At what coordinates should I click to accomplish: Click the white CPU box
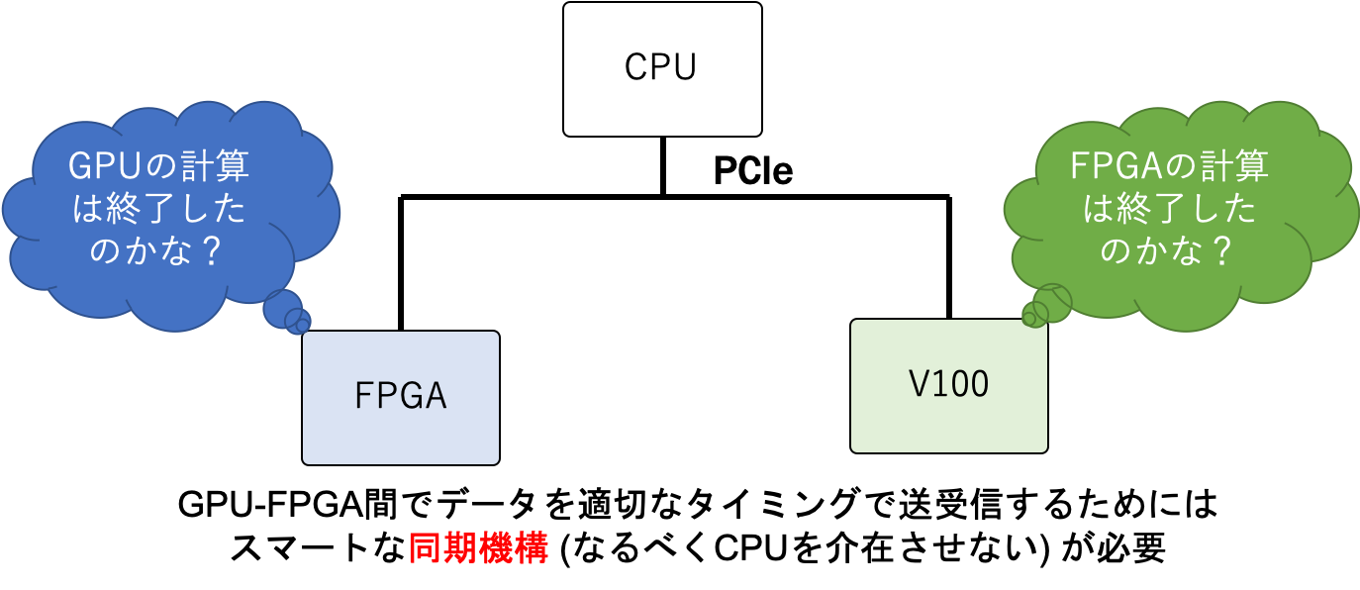click(x=662, y=68)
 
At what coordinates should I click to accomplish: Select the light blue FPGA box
click(x=400, y=397)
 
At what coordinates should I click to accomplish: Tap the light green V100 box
click(x=948, y=385)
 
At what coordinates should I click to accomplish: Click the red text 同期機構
click(x=478, y=548)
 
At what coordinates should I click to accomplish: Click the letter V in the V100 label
click(x=918, y=385)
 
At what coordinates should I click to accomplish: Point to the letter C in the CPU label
click(x=636, y=68)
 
